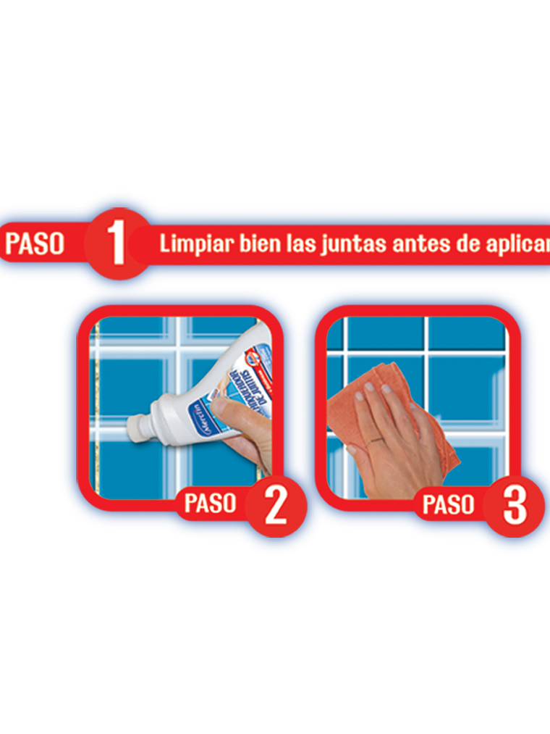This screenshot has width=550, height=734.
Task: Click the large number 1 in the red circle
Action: (117, 243)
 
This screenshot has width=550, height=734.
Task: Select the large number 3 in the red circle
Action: (514, 505)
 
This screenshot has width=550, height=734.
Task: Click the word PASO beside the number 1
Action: (35, 243)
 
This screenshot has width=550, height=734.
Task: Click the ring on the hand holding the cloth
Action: (375, 440)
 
